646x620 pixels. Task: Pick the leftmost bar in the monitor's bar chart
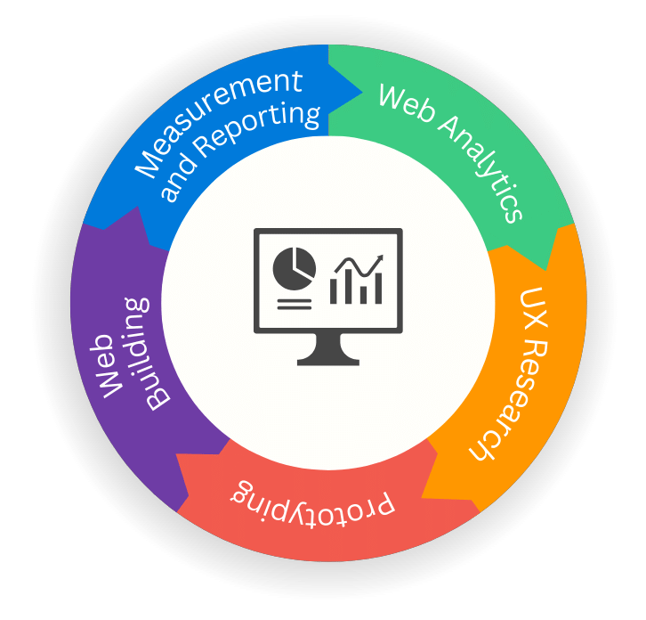334,290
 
